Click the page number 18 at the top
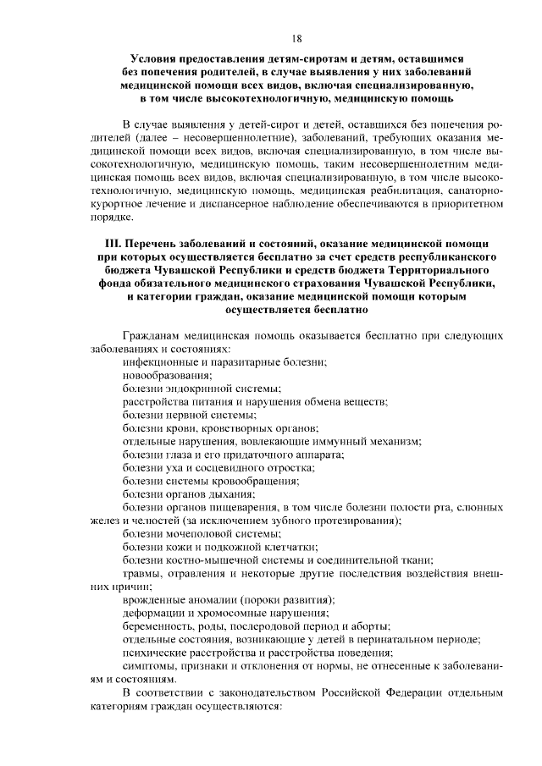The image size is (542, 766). [296, 37]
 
